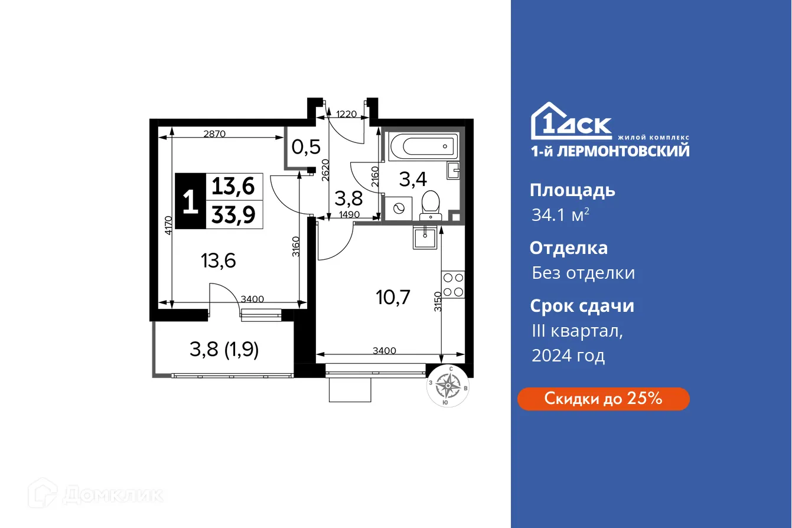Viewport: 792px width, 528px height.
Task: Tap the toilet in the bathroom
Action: (x=430, y=203)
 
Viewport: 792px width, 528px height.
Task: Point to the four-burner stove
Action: (x=453, y=284)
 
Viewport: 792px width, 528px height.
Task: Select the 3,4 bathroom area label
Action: (x=414, y=178)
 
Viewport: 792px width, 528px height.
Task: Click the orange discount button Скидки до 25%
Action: (x=603, y=399)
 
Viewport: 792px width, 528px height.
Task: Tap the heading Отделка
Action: (x=568, y=247)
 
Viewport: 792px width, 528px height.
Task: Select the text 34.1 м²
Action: (x=560, y=215)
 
